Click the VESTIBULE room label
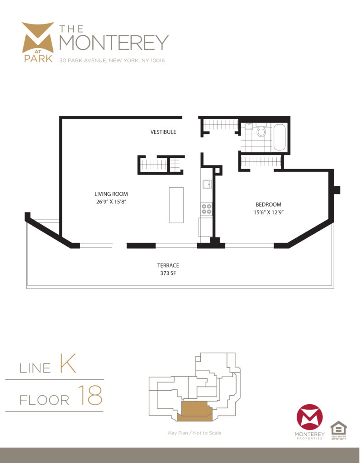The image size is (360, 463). (163, 132)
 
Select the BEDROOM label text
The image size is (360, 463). (269, 204)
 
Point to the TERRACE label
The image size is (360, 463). (168, 265)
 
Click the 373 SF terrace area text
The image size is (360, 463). (168, 273)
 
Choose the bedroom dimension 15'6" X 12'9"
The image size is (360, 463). (269, 212)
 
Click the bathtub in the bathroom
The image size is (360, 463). (279, 137)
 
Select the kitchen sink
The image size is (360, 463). (207, 184)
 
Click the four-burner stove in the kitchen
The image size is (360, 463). (207, 208)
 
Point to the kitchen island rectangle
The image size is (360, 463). (176, 204)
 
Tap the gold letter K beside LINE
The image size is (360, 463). (66, 364)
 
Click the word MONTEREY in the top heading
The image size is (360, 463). (114, 43)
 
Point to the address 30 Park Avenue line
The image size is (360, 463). (112, 60)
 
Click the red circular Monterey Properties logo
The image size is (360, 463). (309, 417)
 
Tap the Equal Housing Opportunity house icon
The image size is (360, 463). (338, 428)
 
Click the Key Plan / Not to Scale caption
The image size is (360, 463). (194, 433)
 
